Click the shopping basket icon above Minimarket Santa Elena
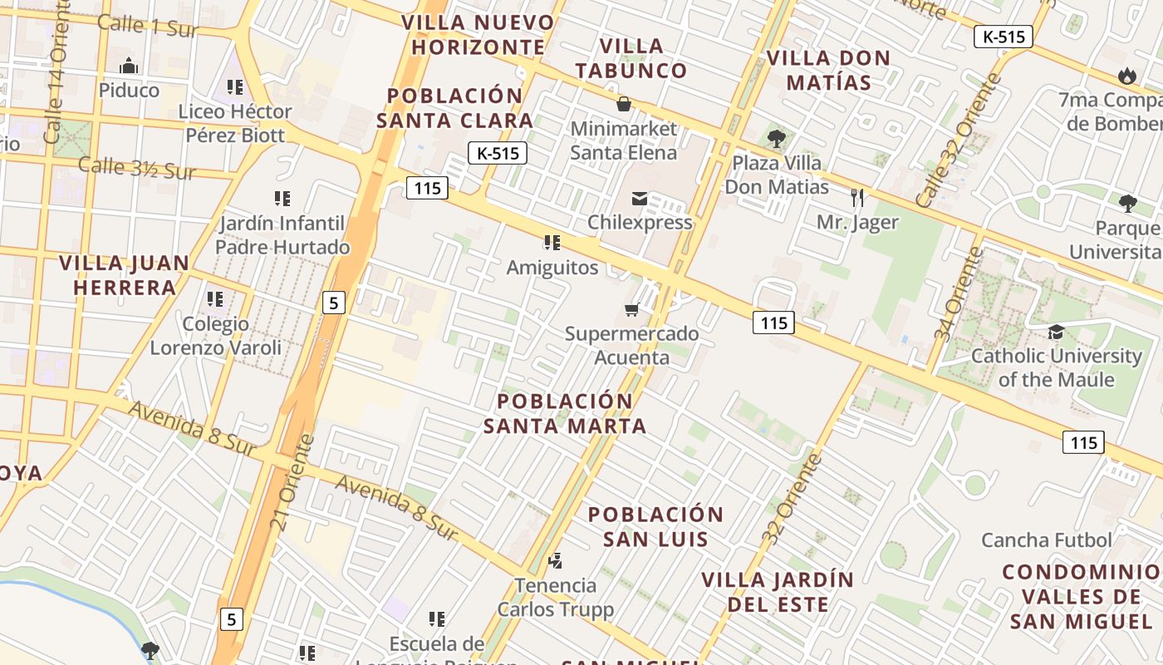click(x=623, y=104)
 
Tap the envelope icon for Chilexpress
click(x=640, y=199)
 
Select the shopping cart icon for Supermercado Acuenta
click(x=631, y=310)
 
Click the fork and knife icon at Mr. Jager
click(x=857, y=198)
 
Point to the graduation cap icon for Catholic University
click(x=1056, y=332)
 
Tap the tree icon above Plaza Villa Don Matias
click(x=776, y=138)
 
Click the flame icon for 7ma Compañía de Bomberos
click(x=1127, y=76)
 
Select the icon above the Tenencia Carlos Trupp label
click(x=555, y=561)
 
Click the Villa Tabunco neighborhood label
click(x=632, y=58)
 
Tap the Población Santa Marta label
click(x=565, y=414)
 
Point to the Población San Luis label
click(x=656, y=526)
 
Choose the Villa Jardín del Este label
click(x=778, y=592)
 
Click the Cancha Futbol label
click(x=1046, y=540)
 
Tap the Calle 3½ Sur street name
click(x=136, y=167)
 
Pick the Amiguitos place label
click(x=552, y=268)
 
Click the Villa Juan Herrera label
click(x=125, y=276)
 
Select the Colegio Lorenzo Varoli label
click(x=215, y=336)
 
